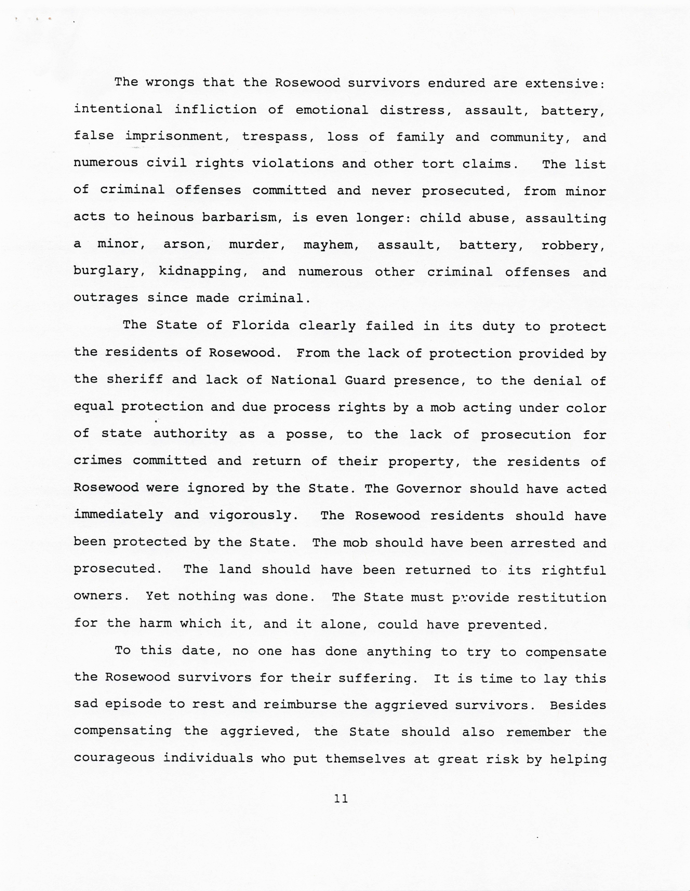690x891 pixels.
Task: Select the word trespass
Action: [278, 137]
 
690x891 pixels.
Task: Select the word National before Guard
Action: [303, 380]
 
